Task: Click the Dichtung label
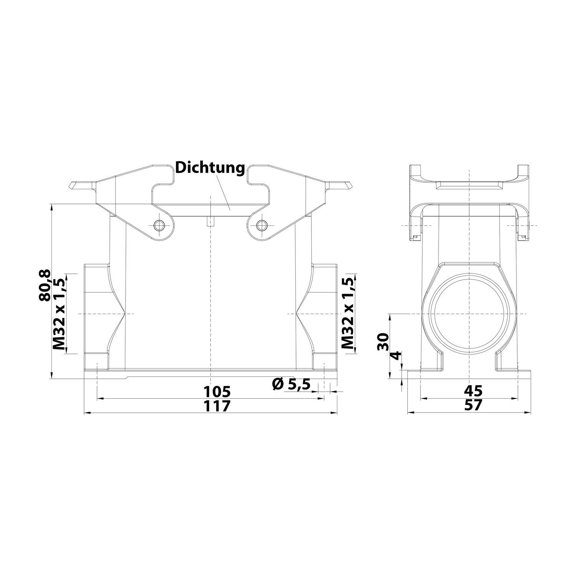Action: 210,168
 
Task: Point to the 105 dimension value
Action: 217,392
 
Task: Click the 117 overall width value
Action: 217,406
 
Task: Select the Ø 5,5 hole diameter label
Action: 291,384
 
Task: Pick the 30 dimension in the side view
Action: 384,341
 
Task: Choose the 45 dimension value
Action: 473,391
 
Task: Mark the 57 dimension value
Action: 473,406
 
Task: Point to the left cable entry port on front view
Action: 96,313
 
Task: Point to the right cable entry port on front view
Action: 324,313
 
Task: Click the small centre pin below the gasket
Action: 211,222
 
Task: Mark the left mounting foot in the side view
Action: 432,361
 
